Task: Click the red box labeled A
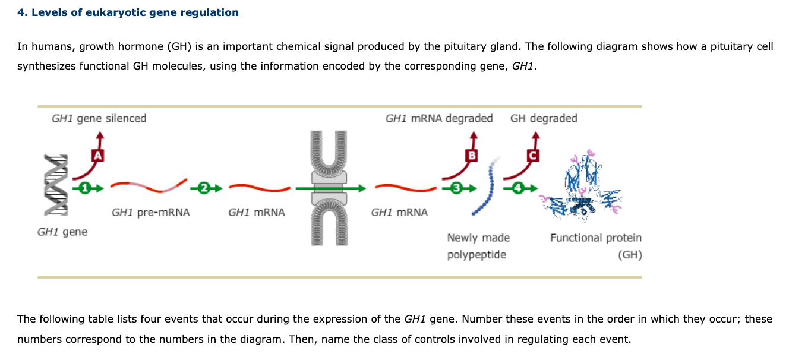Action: point(97,156)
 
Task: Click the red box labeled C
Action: point(533,156)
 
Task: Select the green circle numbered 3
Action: point(456,188)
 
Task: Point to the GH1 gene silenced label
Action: point(99,118)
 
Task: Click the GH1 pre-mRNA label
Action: point(150,212)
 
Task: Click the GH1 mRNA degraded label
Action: point(438,118)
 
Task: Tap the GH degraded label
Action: point(543,118)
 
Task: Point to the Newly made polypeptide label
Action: point(478,246)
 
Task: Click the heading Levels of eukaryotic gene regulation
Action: point(128,12)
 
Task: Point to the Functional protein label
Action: point(595,238)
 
